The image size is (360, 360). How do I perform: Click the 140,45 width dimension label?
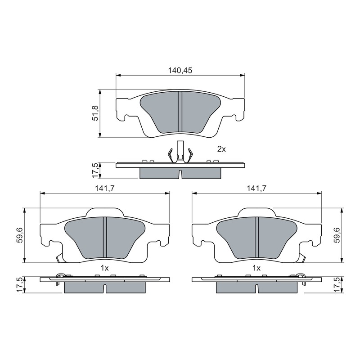pyautogui.click(x=180, y=70)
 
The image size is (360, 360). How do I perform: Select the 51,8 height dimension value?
pyautogui.click(x=95, y=113)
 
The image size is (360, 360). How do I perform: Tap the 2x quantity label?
pyautogui.click(x=221, y=149)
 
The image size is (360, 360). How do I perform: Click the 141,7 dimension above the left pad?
pyautogui.click(x=105, y=189)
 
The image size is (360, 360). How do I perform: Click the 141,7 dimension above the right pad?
pyautogui.click(x=256, y=189)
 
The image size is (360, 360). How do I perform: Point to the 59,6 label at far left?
pyautogui.click(x=20, y=235)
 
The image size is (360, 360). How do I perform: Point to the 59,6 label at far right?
pyautogui.click(x=337, y=235)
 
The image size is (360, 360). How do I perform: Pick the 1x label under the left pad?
pyautogui.click(x=104, y=268)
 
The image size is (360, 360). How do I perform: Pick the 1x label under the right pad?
pyautogui.click(x=256, y=268)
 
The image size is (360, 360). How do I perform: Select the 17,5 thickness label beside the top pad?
pyautogui.click(x=95, y=171)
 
